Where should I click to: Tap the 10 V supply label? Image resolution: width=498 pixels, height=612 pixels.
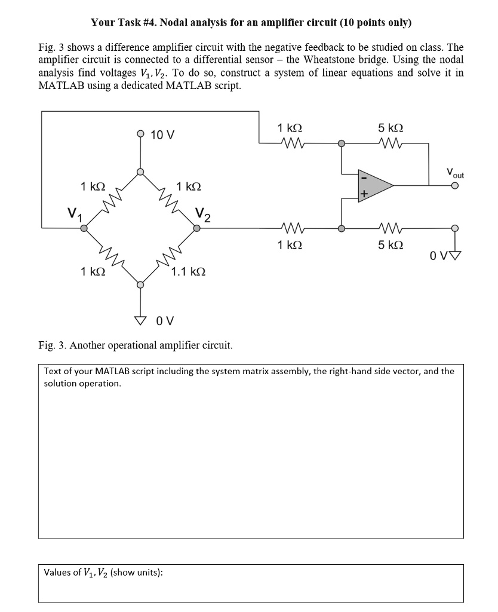162,134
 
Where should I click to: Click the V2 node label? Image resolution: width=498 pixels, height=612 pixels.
203,213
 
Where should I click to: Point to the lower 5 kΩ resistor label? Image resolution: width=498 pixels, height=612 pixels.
391,244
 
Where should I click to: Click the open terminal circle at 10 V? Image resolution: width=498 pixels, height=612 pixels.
140,134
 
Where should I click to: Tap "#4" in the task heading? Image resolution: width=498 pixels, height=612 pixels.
147,23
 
